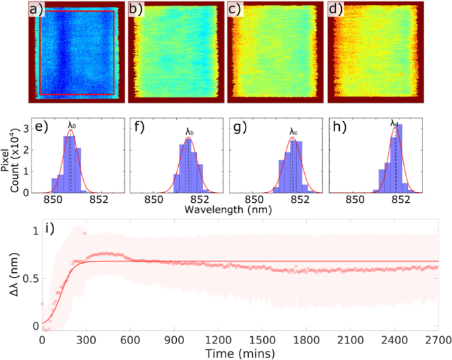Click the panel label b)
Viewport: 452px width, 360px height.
tap(136, 11)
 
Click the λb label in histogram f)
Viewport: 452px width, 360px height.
tap(189, 131)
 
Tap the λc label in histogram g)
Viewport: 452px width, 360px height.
tap(293, 131)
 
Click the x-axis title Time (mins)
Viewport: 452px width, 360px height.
tap(240, 353)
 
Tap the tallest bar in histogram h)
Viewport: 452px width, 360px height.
tap(399, 159)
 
